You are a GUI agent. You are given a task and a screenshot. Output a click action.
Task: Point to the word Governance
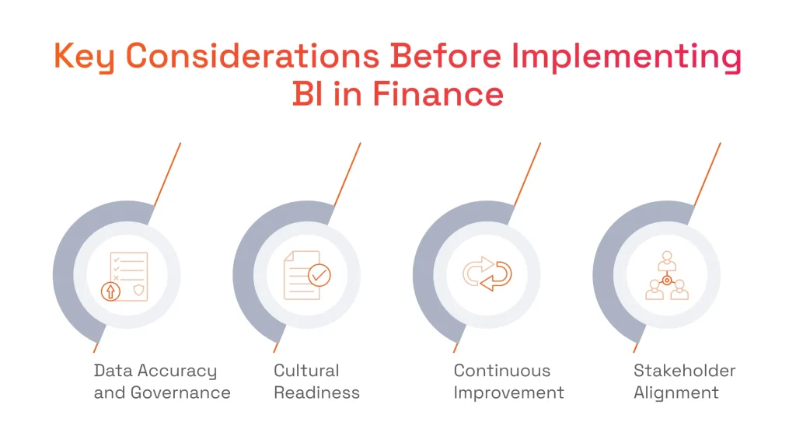point(180,392)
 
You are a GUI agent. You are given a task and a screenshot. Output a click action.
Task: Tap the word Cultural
point(306,371)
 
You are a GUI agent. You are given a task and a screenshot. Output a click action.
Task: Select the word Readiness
point(316,392)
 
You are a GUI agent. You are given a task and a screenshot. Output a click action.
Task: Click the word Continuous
point(501,371)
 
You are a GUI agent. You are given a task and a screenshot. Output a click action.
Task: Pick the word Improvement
point(508,392)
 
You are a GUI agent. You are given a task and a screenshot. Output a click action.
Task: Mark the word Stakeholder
point(684,371)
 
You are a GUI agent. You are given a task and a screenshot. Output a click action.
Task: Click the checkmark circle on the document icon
point(319,274)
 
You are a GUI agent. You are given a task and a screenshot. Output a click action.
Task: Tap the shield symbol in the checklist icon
point(138,290)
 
